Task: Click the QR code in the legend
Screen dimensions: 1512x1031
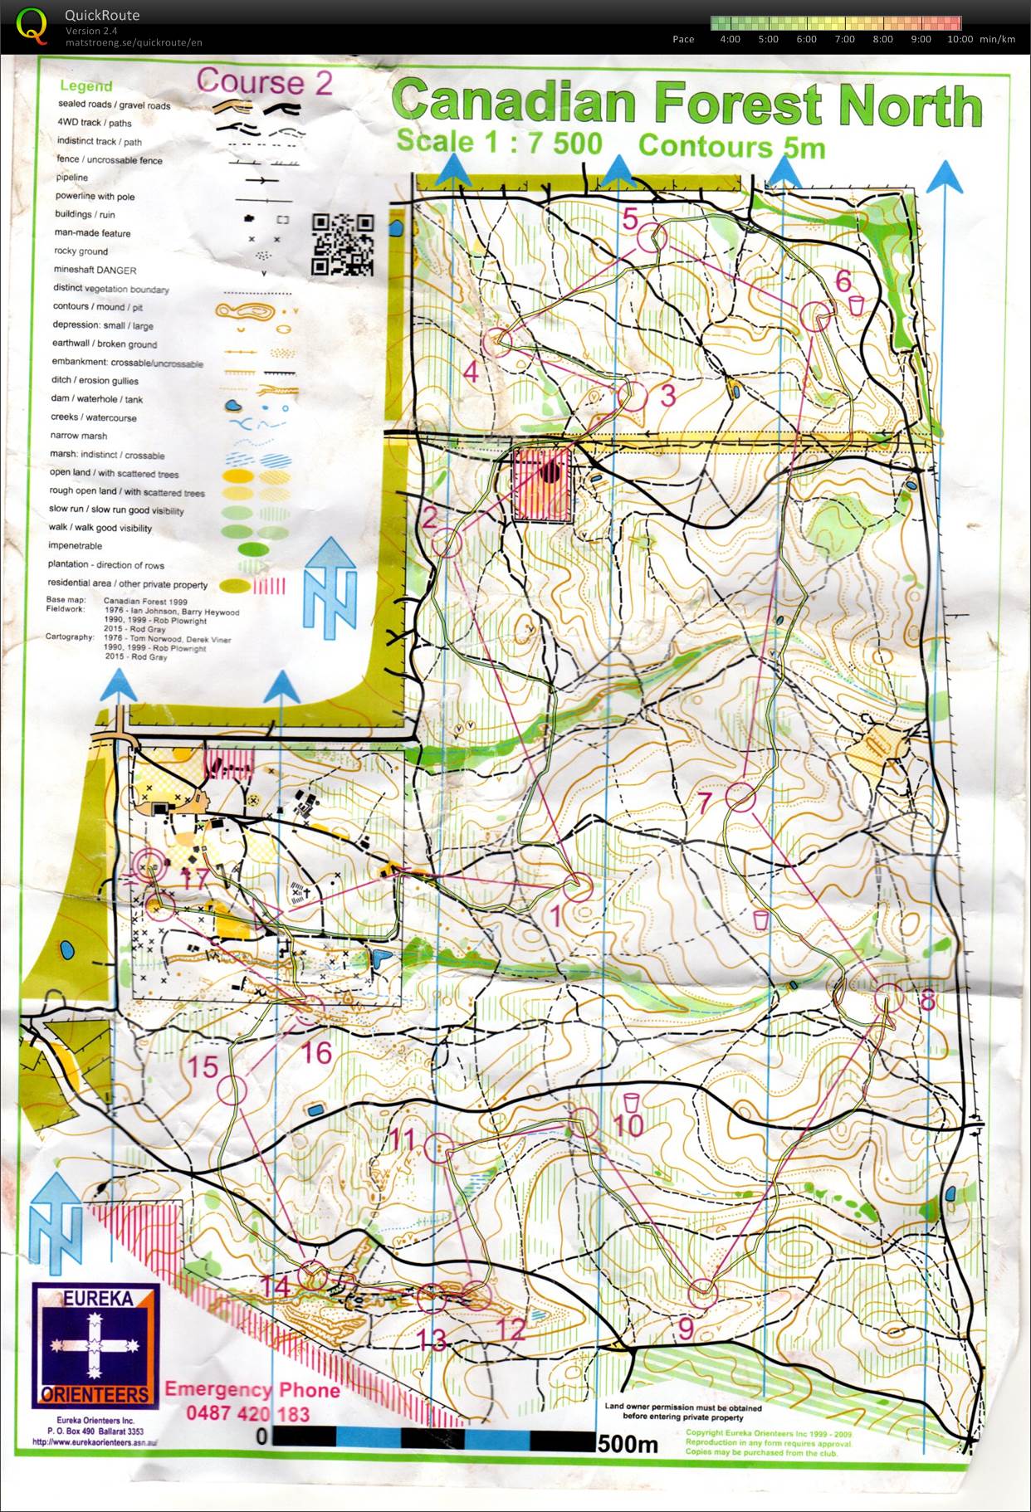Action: click(x=342, y=244)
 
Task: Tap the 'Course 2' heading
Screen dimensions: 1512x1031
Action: click(x=264, y=82)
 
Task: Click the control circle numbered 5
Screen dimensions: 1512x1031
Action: click(x=652, y=237)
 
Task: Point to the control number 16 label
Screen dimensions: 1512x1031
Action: click(x=316, y=1053)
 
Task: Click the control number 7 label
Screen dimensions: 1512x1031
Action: click(x=705, y=802)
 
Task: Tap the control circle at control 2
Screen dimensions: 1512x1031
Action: click(x=447, y=544)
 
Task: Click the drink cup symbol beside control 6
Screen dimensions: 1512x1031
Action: click(x=858, y=305)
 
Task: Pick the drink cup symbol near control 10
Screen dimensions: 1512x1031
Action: click(x=632, y=1102)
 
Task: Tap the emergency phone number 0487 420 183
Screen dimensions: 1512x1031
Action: click(x=247, y=1413)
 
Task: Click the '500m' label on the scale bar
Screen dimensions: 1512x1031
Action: click(x=627, y=1445)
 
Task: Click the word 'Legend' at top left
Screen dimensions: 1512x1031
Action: click(x=86, y=85)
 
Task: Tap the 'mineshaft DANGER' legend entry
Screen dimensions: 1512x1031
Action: click(x=95, y=270)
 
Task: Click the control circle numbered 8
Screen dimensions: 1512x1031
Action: click(x=889, y=998)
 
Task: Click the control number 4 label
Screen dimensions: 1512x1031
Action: click(x=471, y=372)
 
